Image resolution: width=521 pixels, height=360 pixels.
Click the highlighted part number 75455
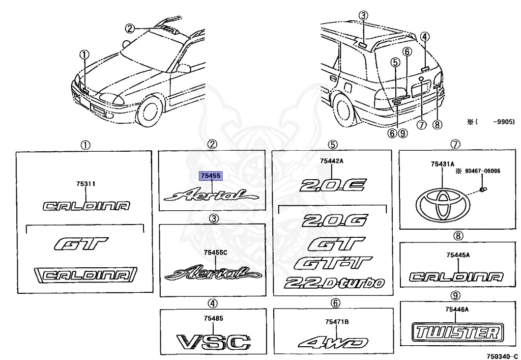pos(211,176)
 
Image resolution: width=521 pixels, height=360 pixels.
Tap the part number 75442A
pos(332,161)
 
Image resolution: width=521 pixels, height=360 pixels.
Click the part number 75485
pos(213,318)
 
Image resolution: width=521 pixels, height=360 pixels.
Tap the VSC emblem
pos(213,341)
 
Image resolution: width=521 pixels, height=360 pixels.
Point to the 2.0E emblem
pos(332,184)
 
